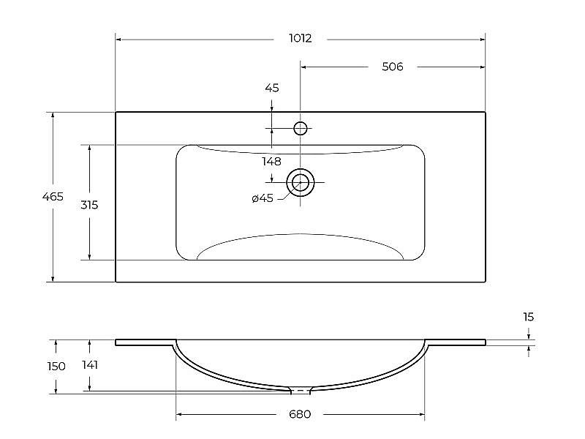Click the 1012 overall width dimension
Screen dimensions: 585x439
pyautogui.click(x=301, y=39)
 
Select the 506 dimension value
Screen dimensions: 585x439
pyautogui.click(x=393, y=67)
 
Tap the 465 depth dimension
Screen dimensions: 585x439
pyautogui.click(x=53, y=196)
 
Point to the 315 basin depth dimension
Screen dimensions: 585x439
pyautogui.click(x=89, y=205)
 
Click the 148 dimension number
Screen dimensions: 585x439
pyautogui.click(x=271, y=162)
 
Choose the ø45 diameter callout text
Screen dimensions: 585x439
pyautogui.click(x=263, y=198)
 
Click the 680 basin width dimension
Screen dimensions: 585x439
pyautogui.click(x=300, y=414)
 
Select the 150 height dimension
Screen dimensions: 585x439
pyautogui.click(x=56, y=367)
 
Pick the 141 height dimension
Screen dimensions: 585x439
pyautogui.click(x=90, y=364)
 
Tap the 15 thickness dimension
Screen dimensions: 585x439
pyautogui.click(x=528, y=317)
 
